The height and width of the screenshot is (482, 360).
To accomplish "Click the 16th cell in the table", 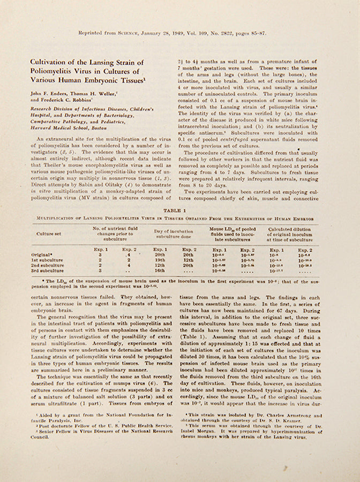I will tap(160, 270).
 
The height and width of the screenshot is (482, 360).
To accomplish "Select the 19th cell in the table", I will tap(160, 260).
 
